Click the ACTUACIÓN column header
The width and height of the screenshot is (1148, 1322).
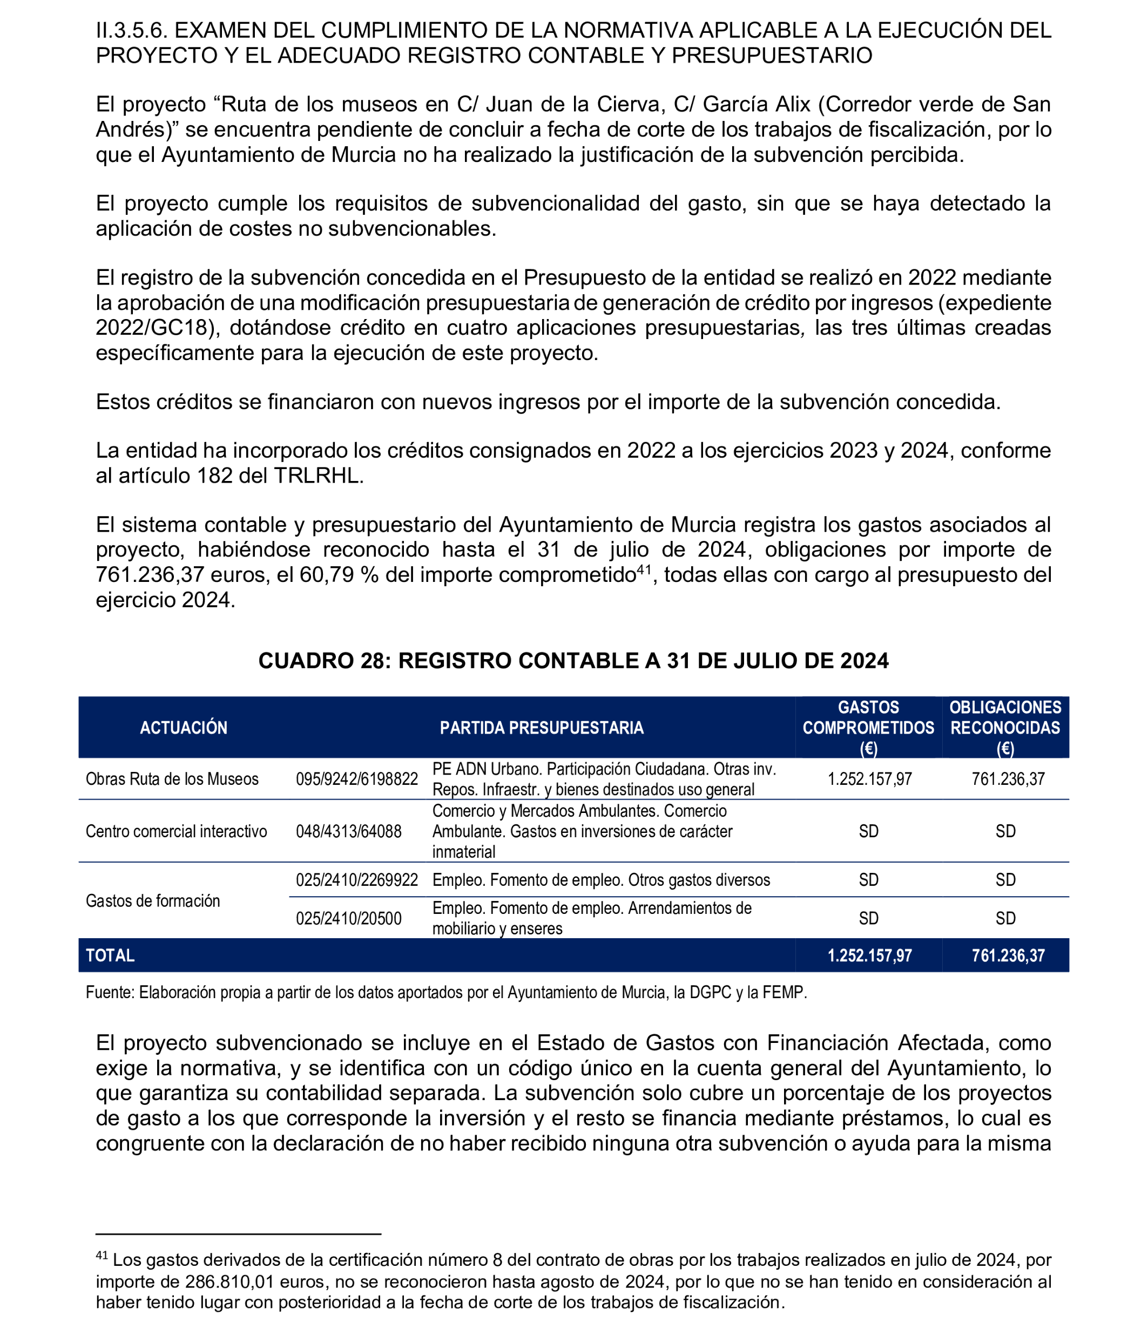click(184, 728)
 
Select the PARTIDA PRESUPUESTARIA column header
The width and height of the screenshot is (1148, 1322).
click(541, 728)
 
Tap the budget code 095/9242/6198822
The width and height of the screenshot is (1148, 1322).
click(357, 779)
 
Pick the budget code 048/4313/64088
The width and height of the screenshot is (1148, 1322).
click(348, 831)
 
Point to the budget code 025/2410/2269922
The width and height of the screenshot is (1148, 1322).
click(357, 880)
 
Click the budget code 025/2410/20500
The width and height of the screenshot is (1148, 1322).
click(348, 918)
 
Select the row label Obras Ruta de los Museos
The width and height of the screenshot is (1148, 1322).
click(172, 779)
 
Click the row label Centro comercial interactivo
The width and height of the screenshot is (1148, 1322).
click(176, 831)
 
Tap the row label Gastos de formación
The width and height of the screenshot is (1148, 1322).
click(152, 900)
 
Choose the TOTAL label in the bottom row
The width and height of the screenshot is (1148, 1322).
click(110, 955)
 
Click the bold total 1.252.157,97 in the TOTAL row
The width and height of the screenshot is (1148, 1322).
click(869, 955)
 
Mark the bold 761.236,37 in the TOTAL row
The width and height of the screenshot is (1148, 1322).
click(1008, 955)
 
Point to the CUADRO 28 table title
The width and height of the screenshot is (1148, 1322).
click(573, 660)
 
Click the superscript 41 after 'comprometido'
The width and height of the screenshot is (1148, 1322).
click(643, 569)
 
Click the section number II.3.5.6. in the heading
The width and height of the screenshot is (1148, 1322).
click(131, 30)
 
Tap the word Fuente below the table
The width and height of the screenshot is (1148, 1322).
click(110, 992)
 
